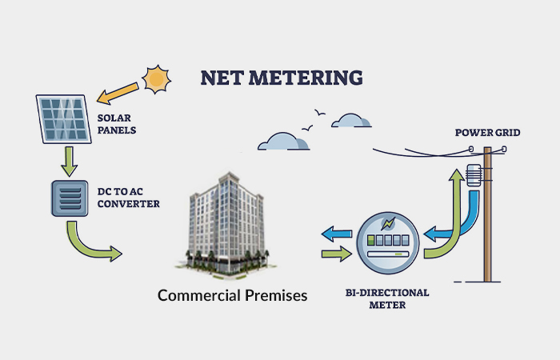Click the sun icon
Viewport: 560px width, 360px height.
pyautogui.click(x=157, y=78)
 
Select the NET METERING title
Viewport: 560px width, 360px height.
pyautogui.click(x=282, y=78)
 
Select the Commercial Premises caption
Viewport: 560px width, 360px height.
pyautogui.click(x=232, y=295)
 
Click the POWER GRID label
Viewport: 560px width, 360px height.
pyautogui.click(x=488, y=132)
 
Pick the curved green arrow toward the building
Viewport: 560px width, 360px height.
pyautogui.click(x=92, y=242)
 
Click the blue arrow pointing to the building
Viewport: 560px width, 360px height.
pyautogui.click(x=335, y=234)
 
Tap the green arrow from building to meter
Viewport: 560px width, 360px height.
pyautogui.click(x=335, y=254)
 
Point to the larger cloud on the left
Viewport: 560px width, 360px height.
pyautogui.click(x=284, y=142)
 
